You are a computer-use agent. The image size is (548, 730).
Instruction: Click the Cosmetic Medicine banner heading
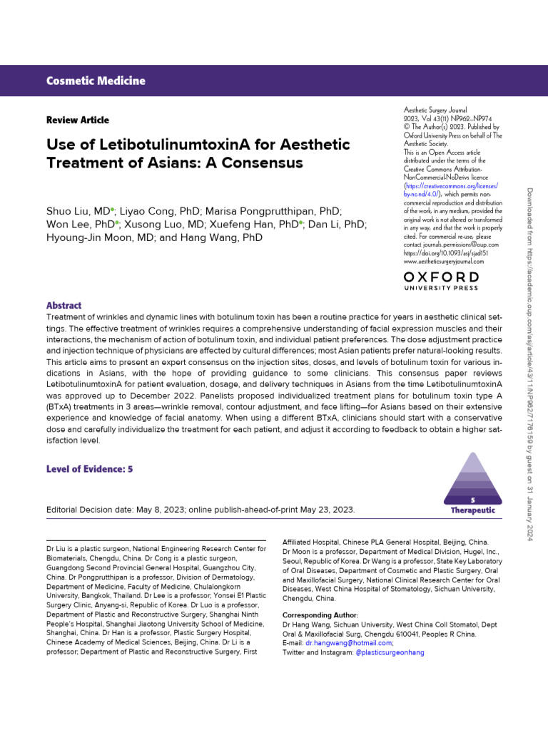96,81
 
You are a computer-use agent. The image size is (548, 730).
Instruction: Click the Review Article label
78,120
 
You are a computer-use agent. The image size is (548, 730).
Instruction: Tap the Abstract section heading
64,305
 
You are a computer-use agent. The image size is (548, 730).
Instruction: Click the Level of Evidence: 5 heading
89,468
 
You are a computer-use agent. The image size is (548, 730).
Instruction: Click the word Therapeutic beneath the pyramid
472,510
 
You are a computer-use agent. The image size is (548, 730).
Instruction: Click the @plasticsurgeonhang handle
390,652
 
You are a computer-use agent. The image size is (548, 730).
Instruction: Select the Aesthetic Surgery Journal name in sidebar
435,110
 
